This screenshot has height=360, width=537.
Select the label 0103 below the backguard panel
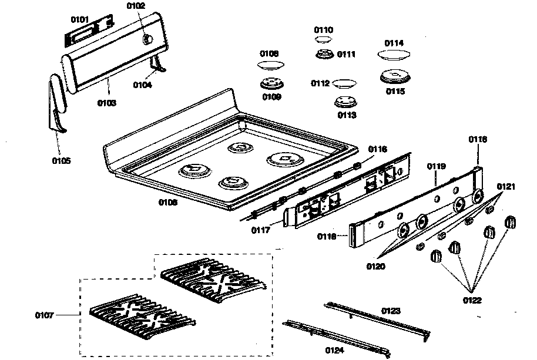107,103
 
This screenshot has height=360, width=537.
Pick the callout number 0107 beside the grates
44,315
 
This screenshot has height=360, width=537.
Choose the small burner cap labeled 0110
322,39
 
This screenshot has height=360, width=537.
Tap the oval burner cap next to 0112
344,83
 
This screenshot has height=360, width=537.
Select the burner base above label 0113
345,102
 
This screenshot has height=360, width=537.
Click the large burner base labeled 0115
394,76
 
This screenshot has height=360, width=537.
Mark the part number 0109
271,96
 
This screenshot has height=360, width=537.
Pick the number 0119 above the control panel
436,166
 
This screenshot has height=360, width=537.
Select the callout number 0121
506,186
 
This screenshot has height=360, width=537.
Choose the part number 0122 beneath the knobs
472,300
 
